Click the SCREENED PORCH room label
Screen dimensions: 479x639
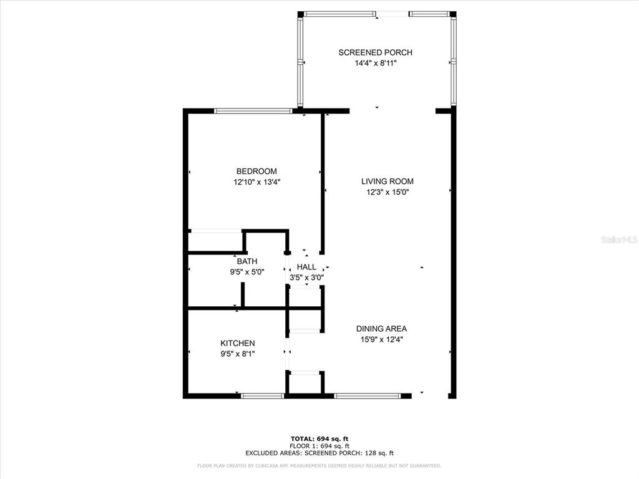(375, 52)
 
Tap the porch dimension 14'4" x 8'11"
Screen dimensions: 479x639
(375, 63)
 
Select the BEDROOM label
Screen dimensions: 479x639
(256, 172)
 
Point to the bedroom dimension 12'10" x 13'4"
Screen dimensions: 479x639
(256, 182)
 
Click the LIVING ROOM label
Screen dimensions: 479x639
(387, 181)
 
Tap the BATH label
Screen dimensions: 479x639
(246, 261)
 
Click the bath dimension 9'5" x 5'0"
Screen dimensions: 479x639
(246, 271)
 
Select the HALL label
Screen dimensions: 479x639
(306, 267)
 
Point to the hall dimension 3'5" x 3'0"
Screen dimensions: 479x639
(306, 277)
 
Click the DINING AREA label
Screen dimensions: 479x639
(381, 329)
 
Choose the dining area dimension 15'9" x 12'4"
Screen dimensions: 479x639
(381, 339)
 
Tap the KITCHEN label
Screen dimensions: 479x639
(237, 343)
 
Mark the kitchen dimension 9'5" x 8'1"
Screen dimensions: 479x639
(237, 354)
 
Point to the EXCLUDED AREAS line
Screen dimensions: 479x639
(319, 453)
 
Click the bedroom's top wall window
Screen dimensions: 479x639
(253, 111)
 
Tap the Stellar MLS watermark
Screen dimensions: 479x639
(618, 239)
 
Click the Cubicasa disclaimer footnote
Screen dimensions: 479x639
(319, 465)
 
